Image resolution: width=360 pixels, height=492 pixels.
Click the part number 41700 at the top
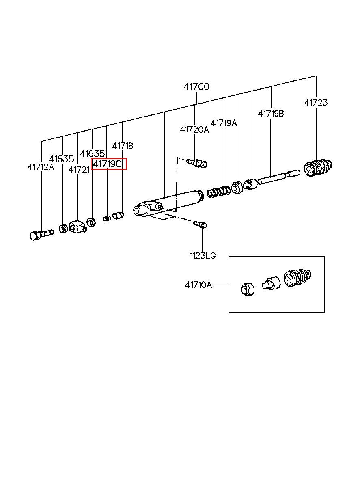196,87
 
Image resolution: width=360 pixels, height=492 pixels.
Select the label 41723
316,103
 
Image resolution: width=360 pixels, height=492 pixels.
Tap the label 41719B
271,114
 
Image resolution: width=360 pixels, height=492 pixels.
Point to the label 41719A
224,123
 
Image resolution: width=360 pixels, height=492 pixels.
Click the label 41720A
194,129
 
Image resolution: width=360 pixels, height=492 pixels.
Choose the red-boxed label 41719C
108,164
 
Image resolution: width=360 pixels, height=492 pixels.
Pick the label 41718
122,146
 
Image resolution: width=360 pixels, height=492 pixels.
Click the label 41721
79,170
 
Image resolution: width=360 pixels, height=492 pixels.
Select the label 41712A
41,167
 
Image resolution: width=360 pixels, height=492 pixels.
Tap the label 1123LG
203,256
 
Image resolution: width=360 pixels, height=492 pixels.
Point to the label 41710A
198,285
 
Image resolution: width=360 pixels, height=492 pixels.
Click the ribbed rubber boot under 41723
318,167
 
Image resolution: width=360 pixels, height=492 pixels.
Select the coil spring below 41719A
219,192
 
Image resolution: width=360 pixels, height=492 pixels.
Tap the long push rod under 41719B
278,177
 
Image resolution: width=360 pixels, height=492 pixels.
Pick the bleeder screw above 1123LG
200,224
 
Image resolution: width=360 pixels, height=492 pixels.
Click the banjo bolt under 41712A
41,235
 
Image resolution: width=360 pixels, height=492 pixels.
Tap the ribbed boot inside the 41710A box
297,278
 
